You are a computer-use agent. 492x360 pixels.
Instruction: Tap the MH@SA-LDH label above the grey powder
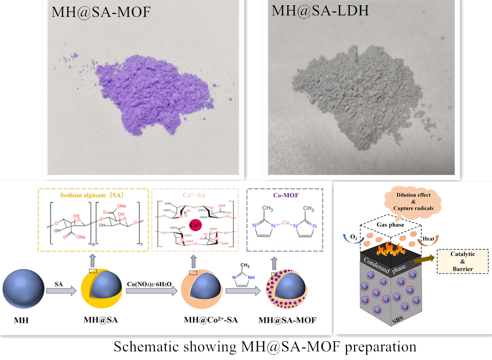(320, 10)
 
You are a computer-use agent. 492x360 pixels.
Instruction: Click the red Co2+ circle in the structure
(195, 226)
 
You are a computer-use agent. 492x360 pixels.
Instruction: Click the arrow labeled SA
(61, 290)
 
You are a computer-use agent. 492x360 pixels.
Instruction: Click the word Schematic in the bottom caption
(144, 347)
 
